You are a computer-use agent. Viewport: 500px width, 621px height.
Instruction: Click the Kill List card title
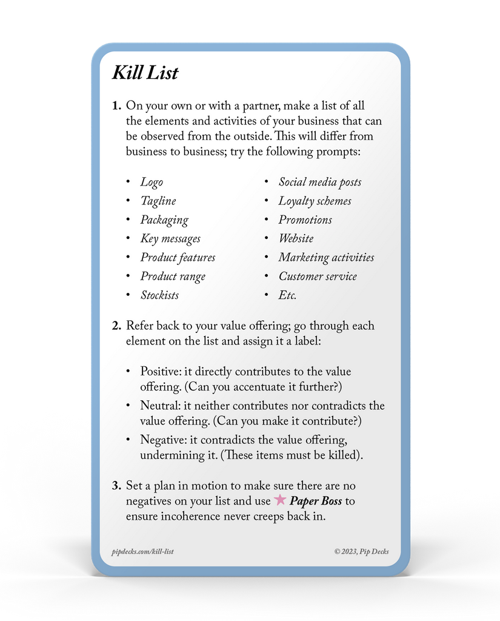pos(145,73)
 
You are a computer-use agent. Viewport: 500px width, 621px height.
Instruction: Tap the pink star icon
pos(280,500)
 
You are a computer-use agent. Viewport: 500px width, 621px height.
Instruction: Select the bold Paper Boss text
pos(316,501)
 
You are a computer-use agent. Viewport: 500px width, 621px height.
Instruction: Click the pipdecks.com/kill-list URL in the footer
pos(143,551)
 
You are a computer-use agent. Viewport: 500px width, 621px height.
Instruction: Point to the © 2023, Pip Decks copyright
pos(361,551)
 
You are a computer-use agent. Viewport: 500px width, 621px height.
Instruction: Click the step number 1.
pos(116,106)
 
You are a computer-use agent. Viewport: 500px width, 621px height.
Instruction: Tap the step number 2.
pos(116,326)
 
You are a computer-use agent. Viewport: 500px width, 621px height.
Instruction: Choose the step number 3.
pos(116,486)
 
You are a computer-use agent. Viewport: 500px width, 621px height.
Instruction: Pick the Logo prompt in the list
pos(152,182)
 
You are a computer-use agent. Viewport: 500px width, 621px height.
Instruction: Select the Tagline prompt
pos(158,201)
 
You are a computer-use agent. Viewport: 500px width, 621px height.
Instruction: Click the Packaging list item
pos(164,220)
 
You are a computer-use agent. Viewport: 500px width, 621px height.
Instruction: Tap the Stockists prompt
pos(159,295)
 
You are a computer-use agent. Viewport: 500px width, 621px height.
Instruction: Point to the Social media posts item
pos(320,182)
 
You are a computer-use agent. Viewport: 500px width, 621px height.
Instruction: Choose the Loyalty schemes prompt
pos(315,201)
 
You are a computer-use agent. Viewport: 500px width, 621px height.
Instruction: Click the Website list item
pos(296,238)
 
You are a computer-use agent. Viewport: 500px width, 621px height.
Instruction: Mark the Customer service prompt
pos(318,277)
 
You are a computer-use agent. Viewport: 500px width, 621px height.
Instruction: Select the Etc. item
pos(287,295)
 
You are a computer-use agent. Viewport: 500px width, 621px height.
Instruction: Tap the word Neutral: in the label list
pos(159,406)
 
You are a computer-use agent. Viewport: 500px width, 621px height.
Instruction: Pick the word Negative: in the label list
pos(162,440)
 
